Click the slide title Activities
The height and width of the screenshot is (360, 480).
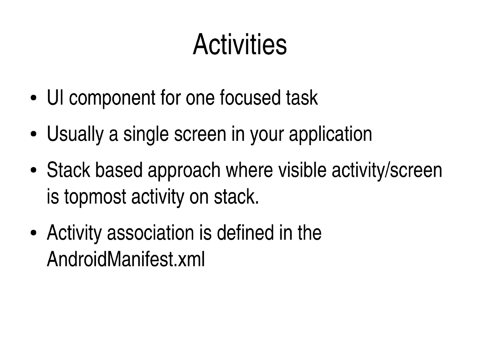click(240, 45)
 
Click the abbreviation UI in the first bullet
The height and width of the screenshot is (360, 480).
click(54, 98)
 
